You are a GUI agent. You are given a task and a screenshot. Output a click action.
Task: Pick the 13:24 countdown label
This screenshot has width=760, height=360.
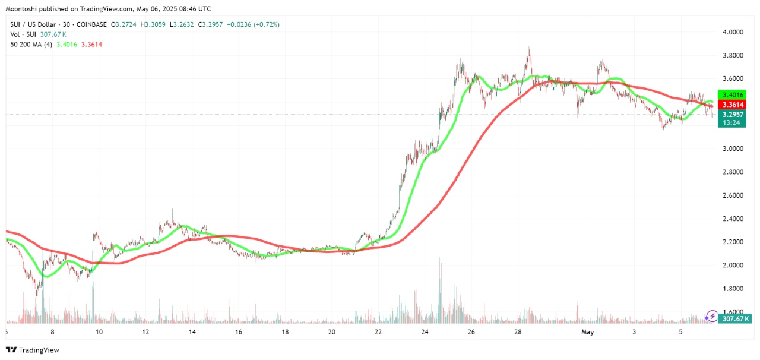[x=730, y=122]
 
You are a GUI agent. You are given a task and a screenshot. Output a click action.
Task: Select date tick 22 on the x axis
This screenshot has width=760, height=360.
[x=378, y=332]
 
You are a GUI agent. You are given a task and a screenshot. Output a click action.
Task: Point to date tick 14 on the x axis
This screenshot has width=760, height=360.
[x=192, y=332]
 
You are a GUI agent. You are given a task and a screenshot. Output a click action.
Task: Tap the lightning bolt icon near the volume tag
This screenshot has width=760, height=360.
[x=712, y=317]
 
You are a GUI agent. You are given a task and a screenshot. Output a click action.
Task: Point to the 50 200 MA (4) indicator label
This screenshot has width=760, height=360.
[x=31, y=45]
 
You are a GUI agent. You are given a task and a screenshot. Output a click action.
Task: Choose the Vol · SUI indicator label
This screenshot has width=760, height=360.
[x=23, y=34]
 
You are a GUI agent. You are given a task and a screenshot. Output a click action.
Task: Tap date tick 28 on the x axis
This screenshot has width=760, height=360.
[x=518, y=332]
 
